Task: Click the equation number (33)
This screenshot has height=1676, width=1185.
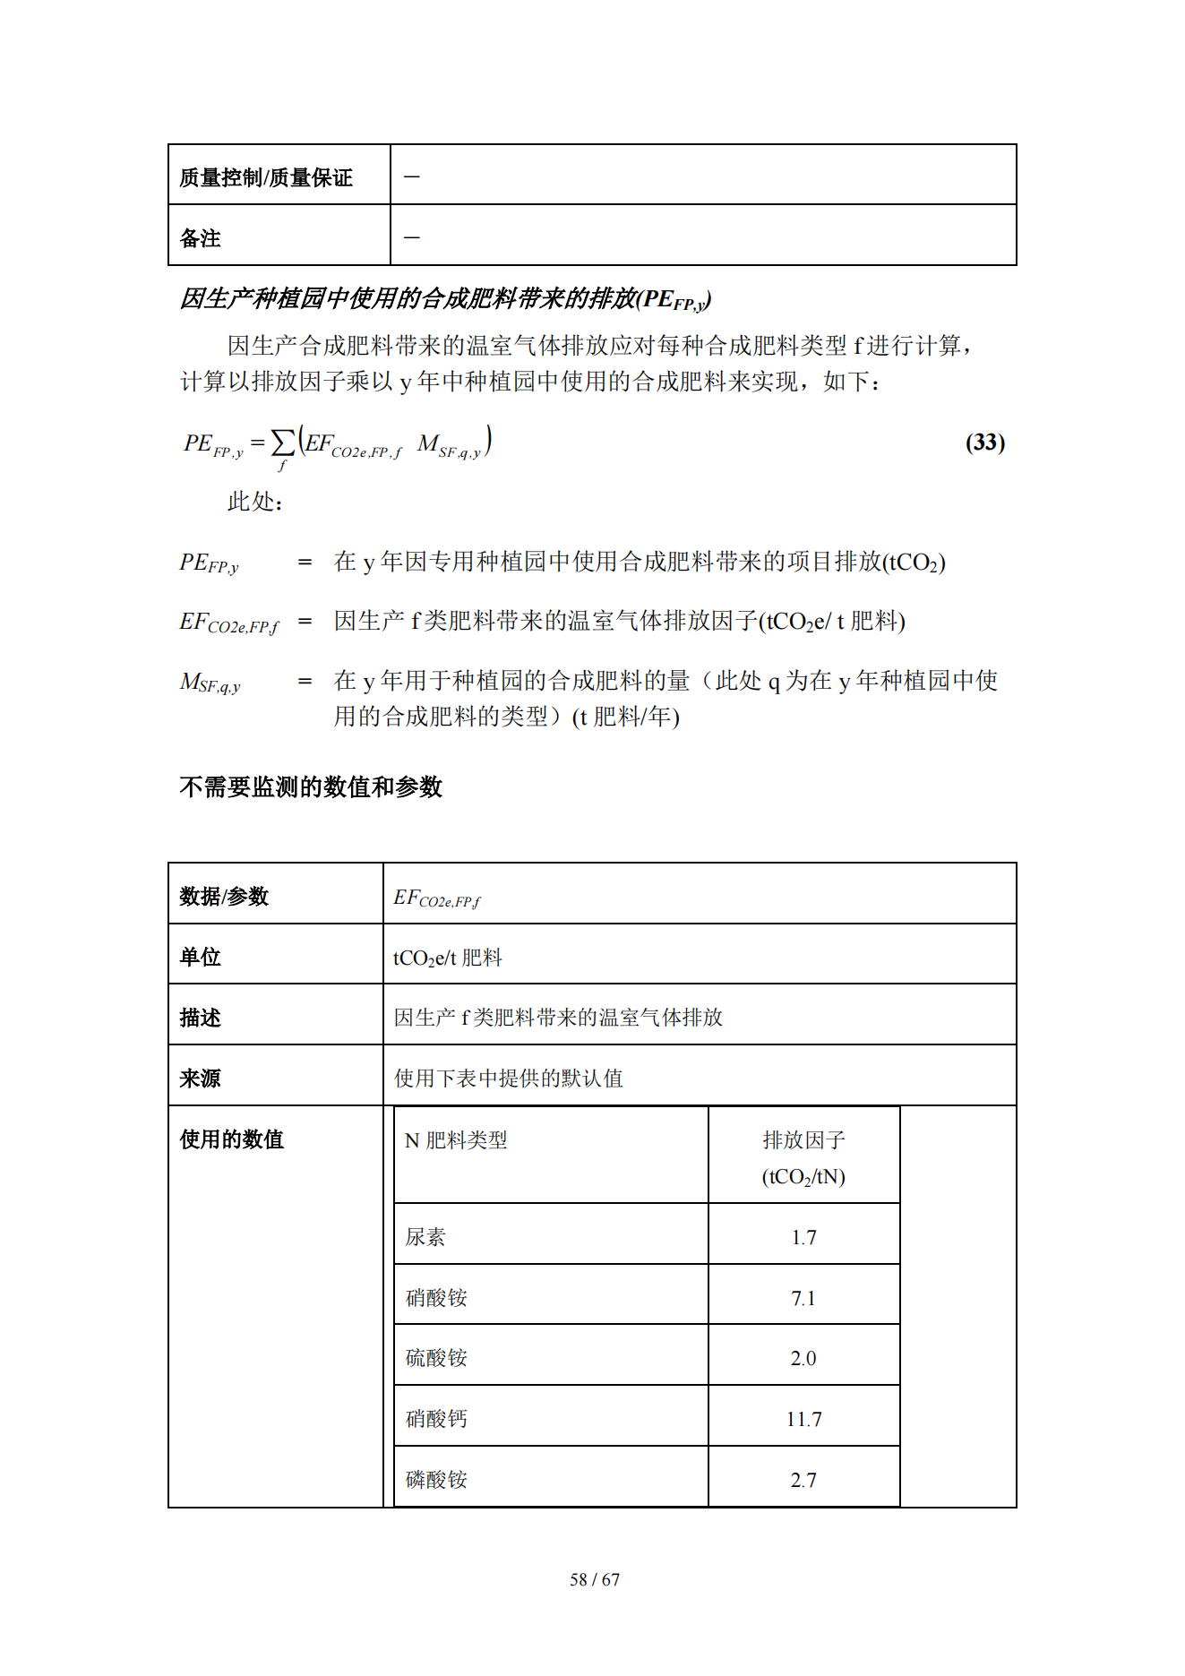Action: (x=984, y=443)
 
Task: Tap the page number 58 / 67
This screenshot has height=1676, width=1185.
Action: (x=594, y=1579)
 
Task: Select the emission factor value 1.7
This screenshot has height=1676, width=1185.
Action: (x=803, y=1237)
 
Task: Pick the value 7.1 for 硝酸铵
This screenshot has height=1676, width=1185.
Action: (x=803, y=1298)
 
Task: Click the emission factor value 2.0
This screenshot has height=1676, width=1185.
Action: (x=803, y=1358)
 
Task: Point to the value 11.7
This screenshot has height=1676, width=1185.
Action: (x=803, y=1419)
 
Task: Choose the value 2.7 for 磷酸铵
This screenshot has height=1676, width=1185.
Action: (x=803, y=1480)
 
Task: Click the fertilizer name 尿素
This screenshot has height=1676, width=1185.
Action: (x=425, y=1237)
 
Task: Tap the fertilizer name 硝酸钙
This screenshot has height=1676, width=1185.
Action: (x=436, y=1419)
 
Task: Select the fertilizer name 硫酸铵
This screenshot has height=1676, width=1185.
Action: (x=436, y=1358)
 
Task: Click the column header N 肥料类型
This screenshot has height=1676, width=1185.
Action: (x=456, y=1140)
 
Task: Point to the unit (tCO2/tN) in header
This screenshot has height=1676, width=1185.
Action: (x=803, y=1177)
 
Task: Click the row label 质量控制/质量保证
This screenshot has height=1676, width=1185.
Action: (x=266, y=177)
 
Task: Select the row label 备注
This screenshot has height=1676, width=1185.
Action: (x=200, y=238)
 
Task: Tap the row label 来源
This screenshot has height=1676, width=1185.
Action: (x=200, y=1079)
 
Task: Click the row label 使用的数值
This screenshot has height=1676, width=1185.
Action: (x=231, y=1139)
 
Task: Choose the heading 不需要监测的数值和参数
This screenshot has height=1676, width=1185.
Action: (x=311, y=786)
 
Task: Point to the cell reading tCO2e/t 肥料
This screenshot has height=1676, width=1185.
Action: (x=447, y=958)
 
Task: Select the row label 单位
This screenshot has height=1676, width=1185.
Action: (x=200, y=957)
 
